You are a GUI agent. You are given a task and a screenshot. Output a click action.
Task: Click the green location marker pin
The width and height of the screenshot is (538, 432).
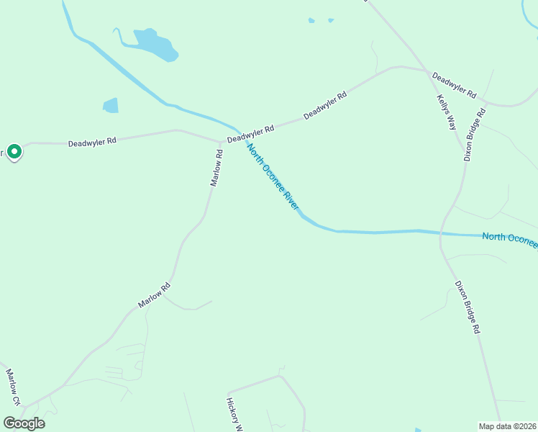(14, 152)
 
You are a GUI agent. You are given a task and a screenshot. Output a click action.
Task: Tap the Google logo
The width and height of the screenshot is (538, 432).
(24, 423)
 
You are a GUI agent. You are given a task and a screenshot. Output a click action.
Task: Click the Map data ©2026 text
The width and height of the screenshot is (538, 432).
(508, 426)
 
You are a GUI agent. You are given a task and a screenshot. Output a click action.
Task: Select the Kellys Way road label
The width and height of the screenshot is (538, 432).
(447, 112)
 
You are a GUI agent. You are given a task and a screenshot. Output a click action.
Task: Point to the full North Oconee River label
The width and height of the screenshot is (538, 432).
(273, 176)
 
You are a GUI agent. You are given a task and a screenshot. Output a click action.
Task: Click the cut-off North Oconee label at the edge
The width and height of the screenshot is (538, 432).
(509, 240)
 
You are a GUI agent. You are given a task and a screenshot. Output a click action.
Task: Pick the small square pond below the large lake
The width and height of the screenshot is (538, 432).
(111, 106)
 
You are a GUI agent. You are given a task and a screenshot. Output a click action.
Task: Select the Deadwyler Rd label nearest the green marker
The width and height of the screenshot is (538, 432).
(92, 143)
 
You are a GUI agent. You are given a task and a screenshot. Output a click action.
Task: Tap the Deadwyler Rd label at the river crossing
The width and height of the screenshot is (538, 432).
(250, 134)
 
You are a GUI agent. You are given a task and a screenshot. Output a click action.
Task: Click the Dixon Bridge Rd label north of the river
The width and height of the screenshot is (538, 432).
(475, 134)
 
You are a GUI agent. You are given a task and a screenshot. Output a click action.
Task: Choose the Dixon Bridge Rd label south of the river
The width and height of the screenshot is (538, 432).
(466, 306)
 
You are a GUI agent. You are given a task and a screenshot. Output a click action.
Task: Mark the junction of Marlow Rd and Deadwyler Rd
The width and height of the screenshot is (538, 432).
(220, 142)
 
